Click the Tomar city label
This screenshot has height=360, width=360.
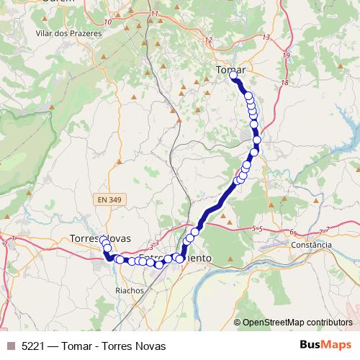pos(230,69)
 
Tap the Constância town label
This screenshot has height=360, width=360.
pos(312,245)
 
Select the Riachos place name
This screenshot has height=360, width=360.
pos(130,290)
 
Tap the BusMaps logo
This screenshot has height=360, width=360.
pos(325,345)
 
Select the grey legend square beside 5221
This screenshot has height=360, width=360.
pos(11,346)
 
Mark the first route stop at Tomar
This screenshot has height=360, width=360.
pos(234,75)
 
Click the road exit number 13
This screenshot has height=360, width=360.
pos(266,37)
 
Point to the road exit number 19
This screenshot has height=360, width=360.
pos(287,55)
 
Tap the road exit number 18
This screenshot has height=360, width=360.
pos(284,83)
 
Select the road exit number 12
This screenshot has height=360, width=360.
pos(209,40)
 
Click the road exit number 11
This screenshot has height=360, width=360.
pos(154,14)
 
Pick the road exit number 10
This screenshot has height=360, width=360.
pos(107,22)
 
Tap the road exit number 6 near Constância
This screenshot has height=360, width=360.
pos(292,232)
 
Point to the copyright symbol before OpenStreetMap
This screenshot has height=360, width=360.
pos(237,323)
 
